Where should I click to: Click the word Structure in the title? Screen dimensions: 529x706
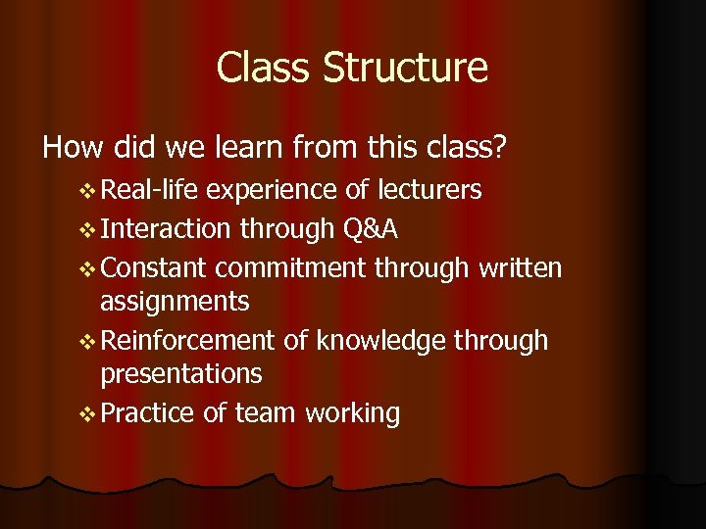(405, 68)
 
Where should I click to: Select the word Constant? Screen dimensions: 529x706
(154, 267)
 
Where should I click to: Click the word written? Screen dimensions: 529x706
(521, 267)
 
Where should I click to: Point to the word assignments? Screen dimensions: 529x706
(175, 302)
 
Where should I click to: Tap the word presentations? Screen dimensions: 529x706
(181, 374)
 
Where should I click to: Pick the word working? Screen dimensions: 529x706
(353, 413)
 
